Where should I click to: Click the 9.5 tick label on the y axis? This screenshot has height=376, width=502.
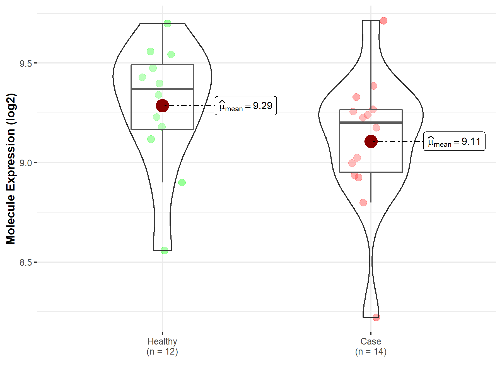pyautogui.click(x=26, y=64)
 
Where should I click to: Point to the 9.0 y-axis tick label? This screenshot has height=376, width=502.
pyautogui.click(x=26, y=163)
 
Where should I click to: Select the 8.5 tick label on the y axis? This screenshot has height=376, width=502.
pyautogui.click(x=26, y=262)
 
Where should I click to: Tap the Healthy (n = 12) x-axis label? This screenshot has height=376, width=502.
pyautogui.click(x=162, y=346)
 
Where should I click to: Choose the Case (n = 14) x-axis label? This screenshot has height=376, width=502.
pyautogui.click(x=371, y=346)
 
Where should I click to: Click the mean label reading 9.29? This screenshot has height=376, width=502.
pyautogui.click(x=246, y=106)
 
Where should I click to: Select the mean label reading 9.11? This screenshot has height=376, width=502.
pyautogui.click(x=454, y=141)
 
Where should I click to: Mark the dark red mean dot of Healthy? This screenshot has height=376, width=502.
pyautogui.click(x=162, y=106)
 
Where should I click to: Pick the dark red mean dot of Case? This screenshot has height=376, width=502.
pyautogui.click(x=371, y=141)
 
